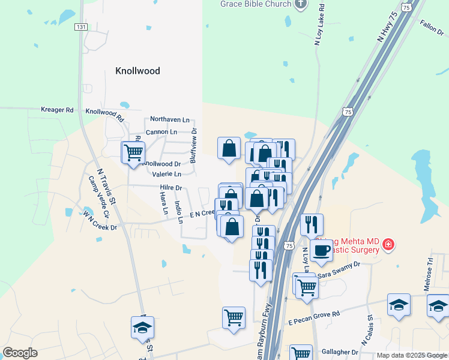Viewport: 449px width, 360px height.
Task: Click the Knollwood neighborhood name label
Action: [x=137, y=71]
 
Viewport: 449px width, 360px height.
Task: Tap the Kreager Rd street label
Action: [x=56, y=110]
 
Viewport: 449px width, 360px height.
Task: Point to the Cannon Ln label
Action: [x=161, y=132]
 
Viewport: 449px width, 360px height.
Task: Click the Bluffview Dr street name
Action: [x=193, y=145]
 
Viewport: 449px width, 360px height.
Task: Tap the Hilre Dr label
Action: [x=170, y=188]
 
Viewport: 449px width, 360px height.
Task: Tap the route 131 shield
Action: [x=82, y=27]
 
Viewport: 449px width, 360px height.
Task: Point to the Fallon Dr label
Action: [x=432, y=26]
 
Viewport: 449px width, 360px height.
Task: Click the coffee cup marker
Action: [x=321, y=250]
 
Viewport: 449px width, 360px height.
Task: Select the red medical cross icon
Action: [x=388, y=245]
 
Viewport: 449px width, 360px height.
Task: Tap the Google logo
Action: [x=20, y=353]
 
